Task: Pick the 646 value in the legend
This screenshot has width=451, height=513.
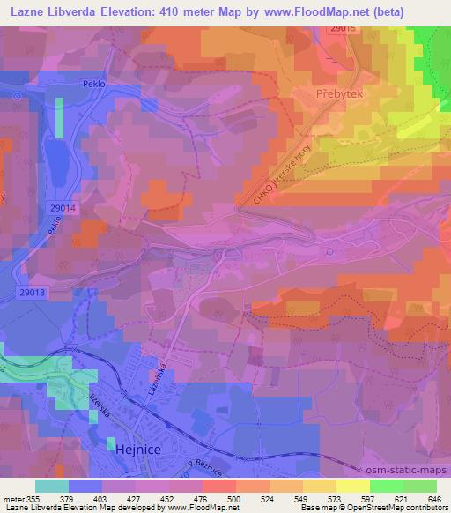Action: click(433, 498)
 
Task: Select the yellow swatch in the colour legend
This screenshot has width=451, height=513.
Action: click(353, 486)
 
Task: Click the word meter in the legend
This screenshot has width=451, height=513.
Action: click(14, 498)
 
